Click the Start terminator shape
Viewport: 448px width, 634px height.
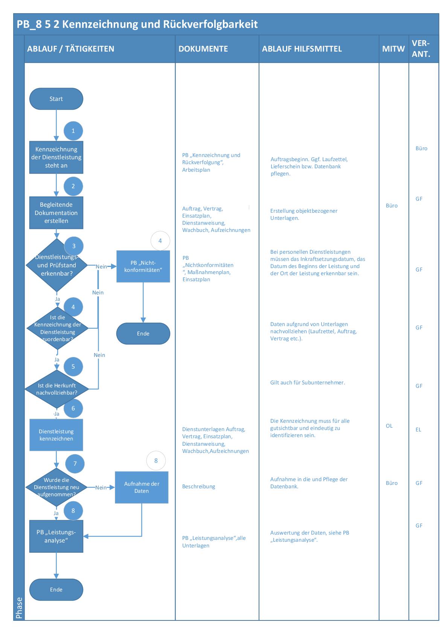click(56, 99)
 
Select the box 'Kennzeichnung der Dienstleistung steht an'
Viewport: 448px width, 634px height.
click(56, 157)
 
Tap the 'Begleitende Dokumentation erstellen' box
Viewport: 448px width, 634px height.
click(56, 213)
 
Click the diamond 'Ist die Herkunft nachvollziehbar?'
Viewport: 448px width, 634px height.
click(56, 389)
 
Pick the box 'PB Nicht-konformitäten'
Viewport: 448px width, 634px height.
click(143, 267)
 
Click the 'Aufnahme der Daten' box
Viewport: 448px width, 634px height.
click(142, 487)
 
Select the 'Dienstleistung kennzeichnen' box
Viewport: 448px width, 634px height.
click(56, 435)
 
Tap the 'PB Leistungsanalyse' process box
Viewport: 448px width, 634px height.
click(56, 536)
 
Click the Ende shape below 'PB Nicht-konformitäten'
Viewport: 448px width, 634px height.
click(143, 334)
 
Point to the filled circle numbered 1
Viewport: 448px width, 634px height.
click(73, 131)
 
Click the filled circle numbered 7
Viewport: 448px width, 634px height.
click(75, 463)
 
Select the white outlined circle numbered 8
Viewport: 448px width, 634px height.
click(156, 460)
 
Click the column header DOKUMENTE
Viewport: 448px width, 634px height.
click(203, 49)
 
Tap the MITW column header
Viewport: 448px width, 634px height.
click(393, 49)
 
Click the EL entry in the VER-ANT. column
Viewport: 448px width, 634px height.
click(418, 430)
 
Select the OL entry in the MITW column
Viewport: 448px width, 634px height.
click(389, 426)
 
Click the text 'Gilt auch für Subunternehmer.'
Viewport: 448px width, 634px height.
click(308, 383)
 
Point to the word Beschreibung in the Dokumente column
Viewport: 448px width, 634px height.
click(199, 486)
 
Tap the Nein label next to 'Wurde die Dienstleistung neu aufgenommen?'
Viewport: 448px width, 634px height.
click(101, 488)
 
